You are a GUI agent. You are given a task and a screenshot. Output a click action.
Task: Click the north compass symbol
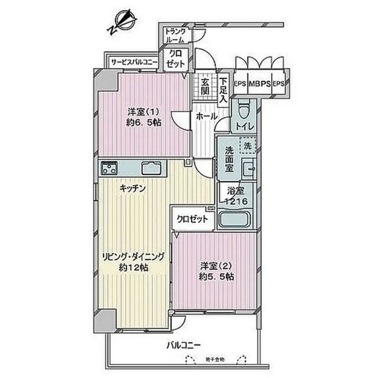pyautogui.click(x=123, y=23)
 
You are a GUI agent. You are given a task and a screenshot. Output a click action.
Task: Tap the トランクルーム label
pyautogui.click(x=175, y=35)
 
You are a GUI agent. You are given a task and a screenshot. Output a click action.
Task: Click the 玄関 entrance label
pyautogui.click(x=204, y=86)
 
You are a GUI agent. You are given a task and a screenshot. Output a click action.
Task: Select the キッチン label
pyautogui.click(x=133, y=188)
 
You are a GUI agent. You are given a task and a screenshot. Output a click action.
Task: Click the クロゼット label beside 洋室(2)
pyautogui.click(x=193, y=219)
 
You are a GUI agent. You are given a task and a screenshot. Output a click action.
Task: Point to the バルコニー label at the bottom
pyautogui.click(x=184, y=345)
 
